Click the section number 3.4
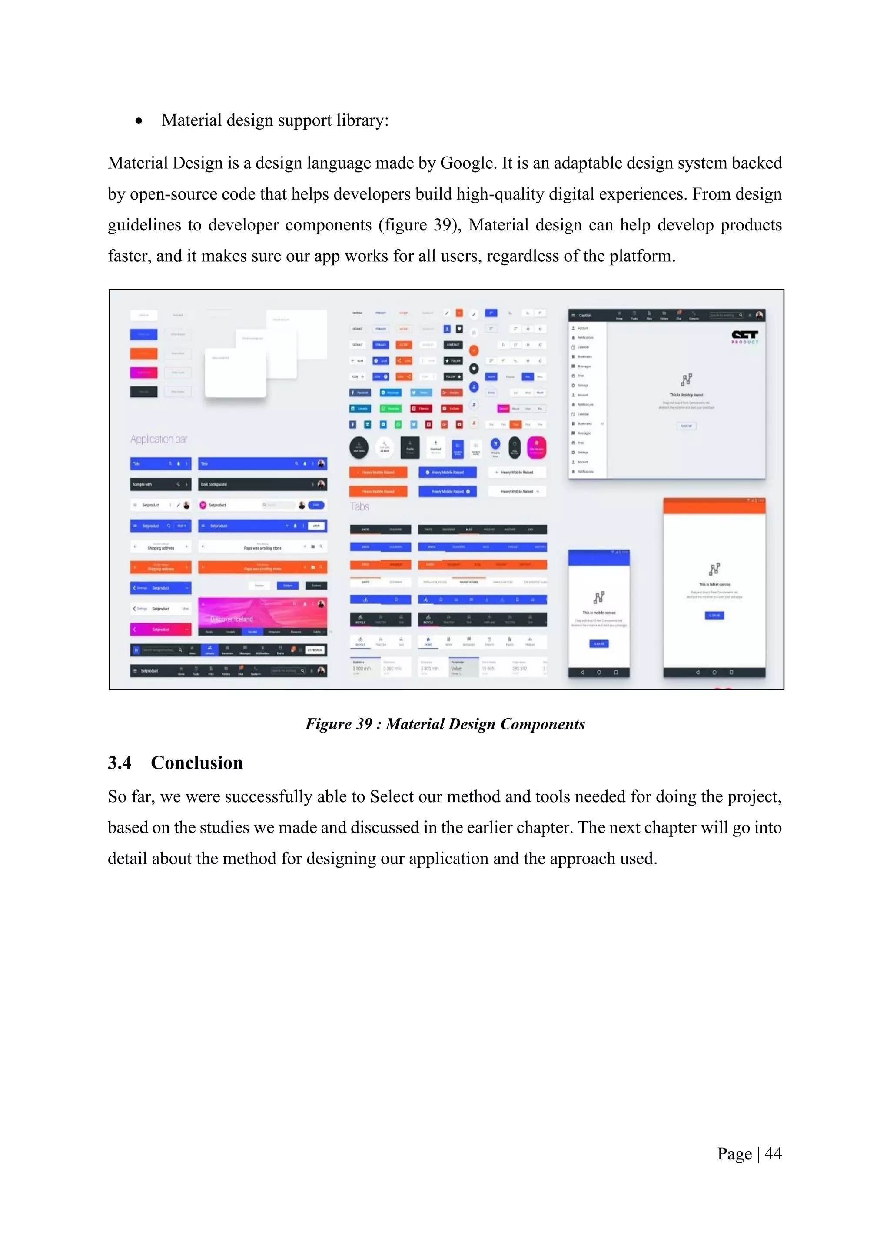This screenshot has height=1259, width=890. [120, 763]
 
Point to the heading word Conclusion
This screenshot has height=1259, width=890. [197, 763]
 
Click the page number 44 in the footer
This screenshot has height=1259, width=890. [773, 1154]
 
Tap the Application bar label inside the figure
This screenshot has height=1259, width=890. [159, 439]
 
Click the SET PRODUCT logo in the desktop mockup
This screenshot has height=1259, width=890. [745, 336]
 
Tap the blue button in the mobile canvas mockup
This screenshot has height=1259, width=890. [599, 644]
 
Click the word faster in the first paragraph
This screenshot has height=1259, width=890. [129, 256]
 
